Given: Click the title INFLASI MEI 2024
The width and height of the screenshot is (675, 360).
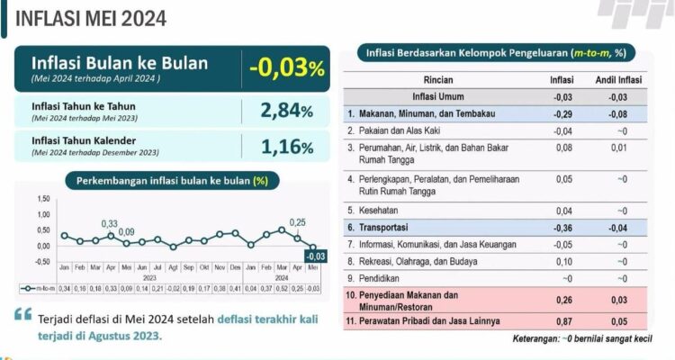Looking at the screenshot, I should tap(78, 18).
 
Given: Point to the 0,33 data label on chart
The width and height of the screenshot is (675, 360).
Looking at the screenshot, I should tap(109, 223).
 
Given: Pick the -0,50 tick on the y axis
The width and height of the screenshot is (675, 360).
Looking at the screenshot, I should tap(42, 262).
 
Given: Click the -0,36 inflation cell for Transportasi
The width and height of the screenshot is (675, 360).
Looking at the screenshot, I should tap(562, 228).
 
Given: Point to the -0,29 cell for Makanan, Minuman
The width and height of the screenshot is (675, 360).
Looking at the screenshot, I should tap(562, 114).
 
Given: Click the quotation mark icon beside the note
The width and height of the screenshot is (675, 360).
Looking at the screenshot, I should tap(22, 315).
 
